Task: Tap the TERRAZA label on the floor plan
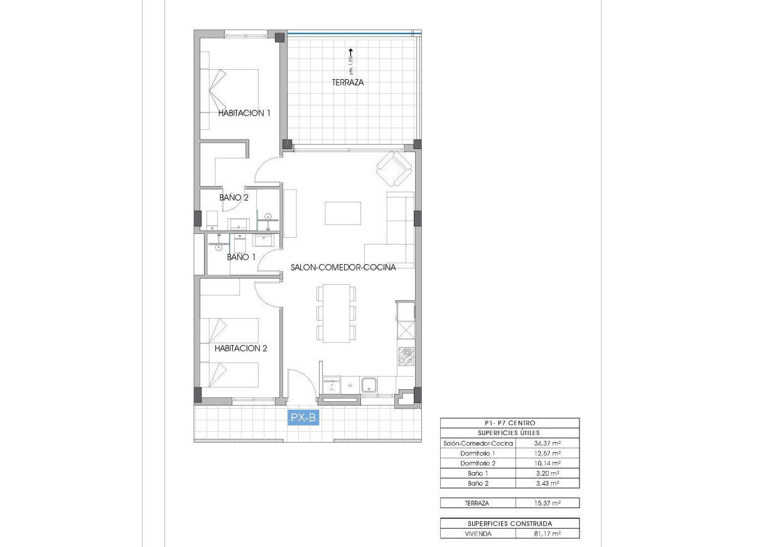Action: coord(348,82)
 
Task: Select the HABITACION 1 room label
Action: coord(244,113)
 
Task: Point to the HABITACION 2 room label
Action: coord(241,348)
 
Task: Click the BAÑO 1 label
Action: coord(241,257)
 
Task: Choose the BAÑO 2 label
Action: coord(234,197)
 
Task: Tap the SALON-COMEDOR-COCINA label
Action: coord(343,267)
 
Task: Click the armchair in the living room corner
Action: coord(394,168)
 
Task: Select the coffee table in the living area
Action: coord(343,213)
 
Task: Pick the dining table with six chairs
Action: coord(337,313)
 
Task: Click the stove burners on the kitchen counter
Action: coord(406,356)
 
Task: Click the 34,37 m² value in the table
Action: coord(547,443)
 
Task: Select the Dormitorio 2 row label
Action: coord(477,463)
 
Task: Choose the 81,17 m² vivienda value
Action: coord(547,534)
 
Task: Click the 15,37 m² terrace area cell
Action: coord(547,503)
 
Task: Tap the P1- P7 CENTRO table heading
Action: coord(509,423)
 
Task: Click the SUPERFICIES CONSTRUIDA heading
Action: coord(509,524)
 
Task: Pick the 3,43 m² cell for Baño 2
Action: coord(547,483)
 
